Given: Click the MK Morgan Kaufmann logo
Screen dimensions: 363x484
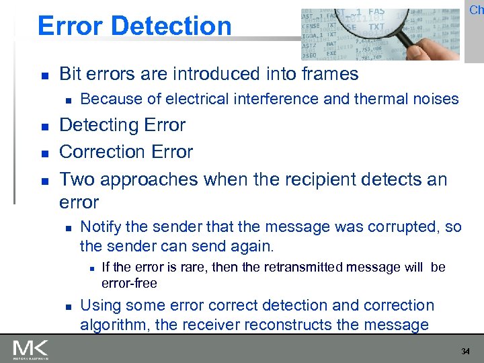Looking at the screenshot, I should coord(31,349).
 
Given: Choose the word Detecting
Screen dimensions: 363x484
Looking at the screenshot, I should coord(99,126).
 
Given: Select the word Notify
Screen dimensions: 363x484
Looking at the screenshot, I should coord(102,227).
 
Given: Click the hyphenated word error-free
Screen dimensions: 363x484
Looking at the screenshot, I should coord(129,282).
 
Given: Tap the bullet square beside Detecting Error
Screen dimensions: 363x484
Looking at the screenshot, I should coord(43,126).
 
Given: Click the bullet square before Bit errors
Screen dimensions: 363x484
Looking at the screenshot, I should coord(43,75).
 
